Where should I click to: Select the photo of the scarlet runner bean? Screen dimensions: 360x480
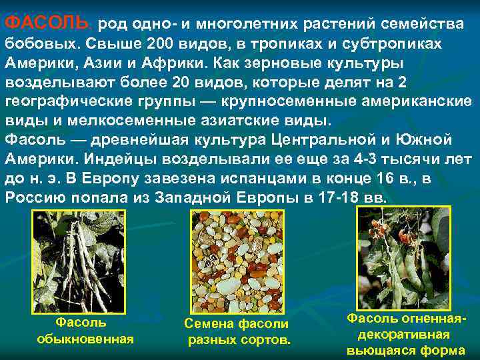(x=404, y=257)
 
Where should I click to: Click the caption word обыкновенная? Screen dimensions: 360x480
(x=85, y=339)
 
